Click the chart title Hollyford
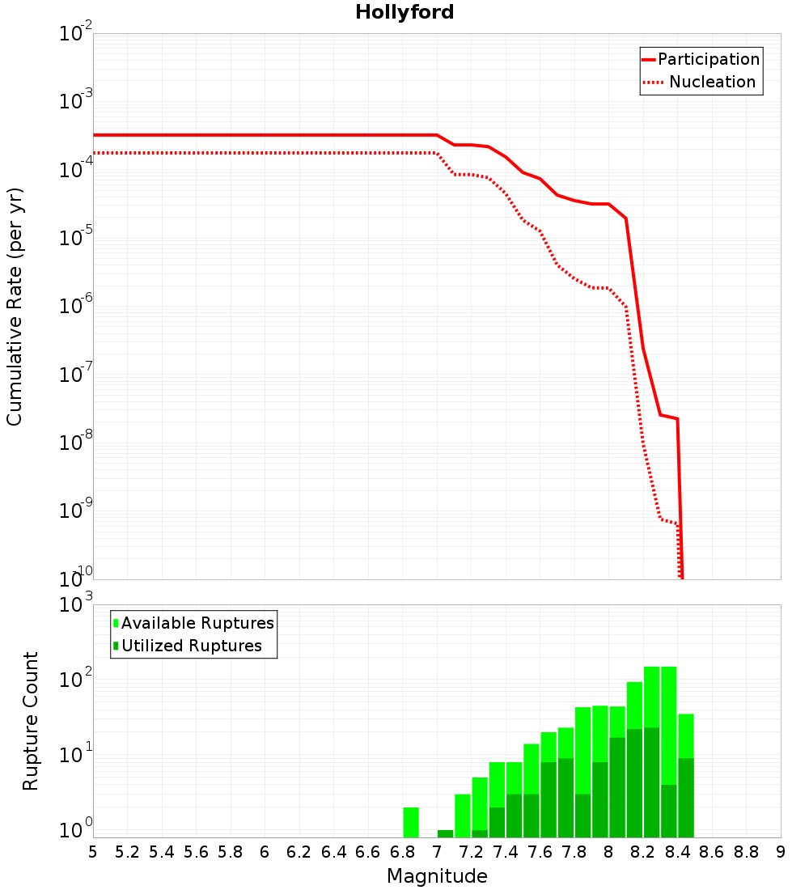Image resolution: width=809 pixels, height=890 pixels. [x=404, y=12]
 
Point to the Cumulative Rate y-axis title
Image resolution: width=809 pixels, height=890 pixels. [x=15, y=306]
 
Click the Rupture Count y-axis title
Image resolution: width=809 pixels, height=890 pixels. [x=31, y=720]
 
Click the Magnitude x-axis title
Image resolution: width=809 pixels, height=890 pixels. [x=437, y=875]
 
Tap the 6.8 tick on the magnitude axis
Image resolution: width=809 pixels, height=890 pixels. [x=402, y=851]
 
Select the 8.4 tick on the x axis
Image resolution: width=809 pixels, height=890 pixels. [x=678, y=851]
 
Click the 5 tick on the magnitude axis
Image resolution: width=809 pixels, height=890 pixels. [x=93, y=851]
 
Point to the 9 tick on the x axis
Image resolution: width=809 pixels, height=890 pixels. [x=781, y=851]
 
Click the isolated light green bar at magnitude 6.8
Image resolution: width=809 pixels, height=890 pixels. [x=411, y=821]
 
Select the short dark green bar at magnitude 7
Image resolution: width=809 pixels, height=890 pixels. [x=445, y=833]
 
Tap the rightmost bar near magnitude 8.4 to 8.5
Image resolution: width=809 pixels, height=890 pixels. [x=686, y=777]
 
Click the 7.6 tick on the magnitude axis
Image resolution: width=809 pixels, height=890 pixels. [x=540, y=851]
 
